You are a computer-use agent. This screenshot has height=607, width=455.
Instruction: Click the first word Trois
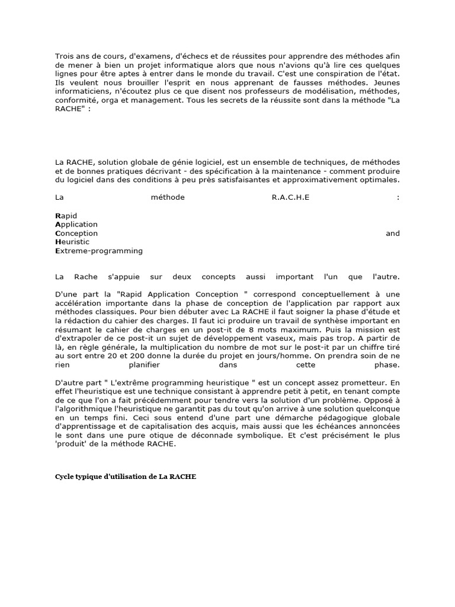tap(65, 56)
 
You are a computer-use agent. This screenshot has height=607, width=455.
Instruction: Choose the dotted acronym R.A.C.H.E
tap(290, 197)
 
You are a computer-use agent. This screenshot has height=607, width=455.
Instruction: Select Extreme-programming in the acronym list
tap(99, 251)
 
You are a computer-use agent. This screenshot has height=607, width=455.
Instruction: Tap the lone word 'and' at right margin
tap(393, 234)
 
